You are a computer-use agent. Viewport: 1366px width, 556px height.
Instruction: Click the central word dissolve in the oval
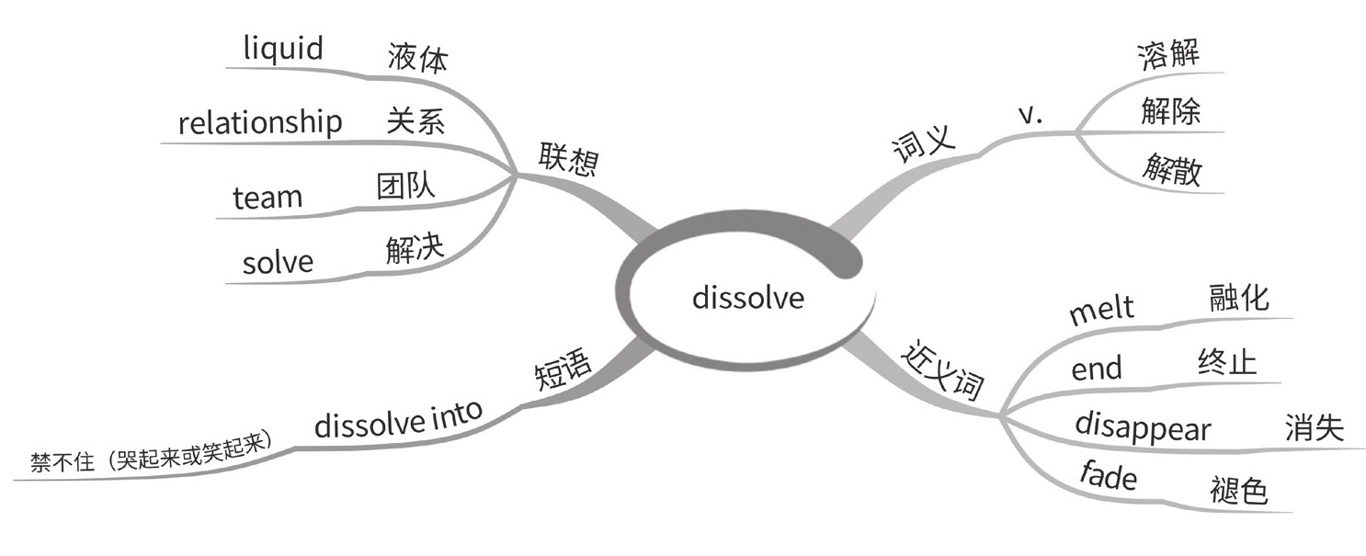[747, 298]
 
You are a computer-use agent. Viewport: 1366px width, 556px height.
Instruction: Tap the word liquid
[283, 49]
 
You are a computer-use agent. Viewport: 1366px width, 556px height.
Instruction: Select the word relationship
[260, 122]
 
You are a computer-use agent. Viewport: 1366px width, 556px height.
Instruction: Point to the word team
[268, 197]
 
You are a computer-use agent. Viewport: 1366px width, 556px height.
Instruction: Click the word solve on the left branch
[278, 263]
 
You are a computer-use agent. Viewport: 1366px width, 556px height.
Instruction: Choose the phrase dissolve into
[398, 421]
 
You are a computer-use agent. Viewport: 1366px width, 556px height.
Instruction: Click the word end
[1097, 369]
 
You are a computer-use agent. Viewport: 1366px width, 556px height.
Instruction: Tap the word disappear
[1143, 427]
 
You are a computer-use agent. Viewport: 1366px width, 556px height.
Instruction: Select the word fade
[1108, 476]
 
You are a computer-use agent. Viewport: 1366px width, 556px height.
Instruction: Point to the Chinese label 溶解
[1167, 56]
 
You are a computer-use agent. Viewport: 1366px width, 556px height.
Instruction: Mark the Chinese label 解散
[1172, 171]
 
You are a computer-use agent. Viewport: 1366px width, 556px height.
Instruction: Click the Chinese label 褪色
[1238, 491]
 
